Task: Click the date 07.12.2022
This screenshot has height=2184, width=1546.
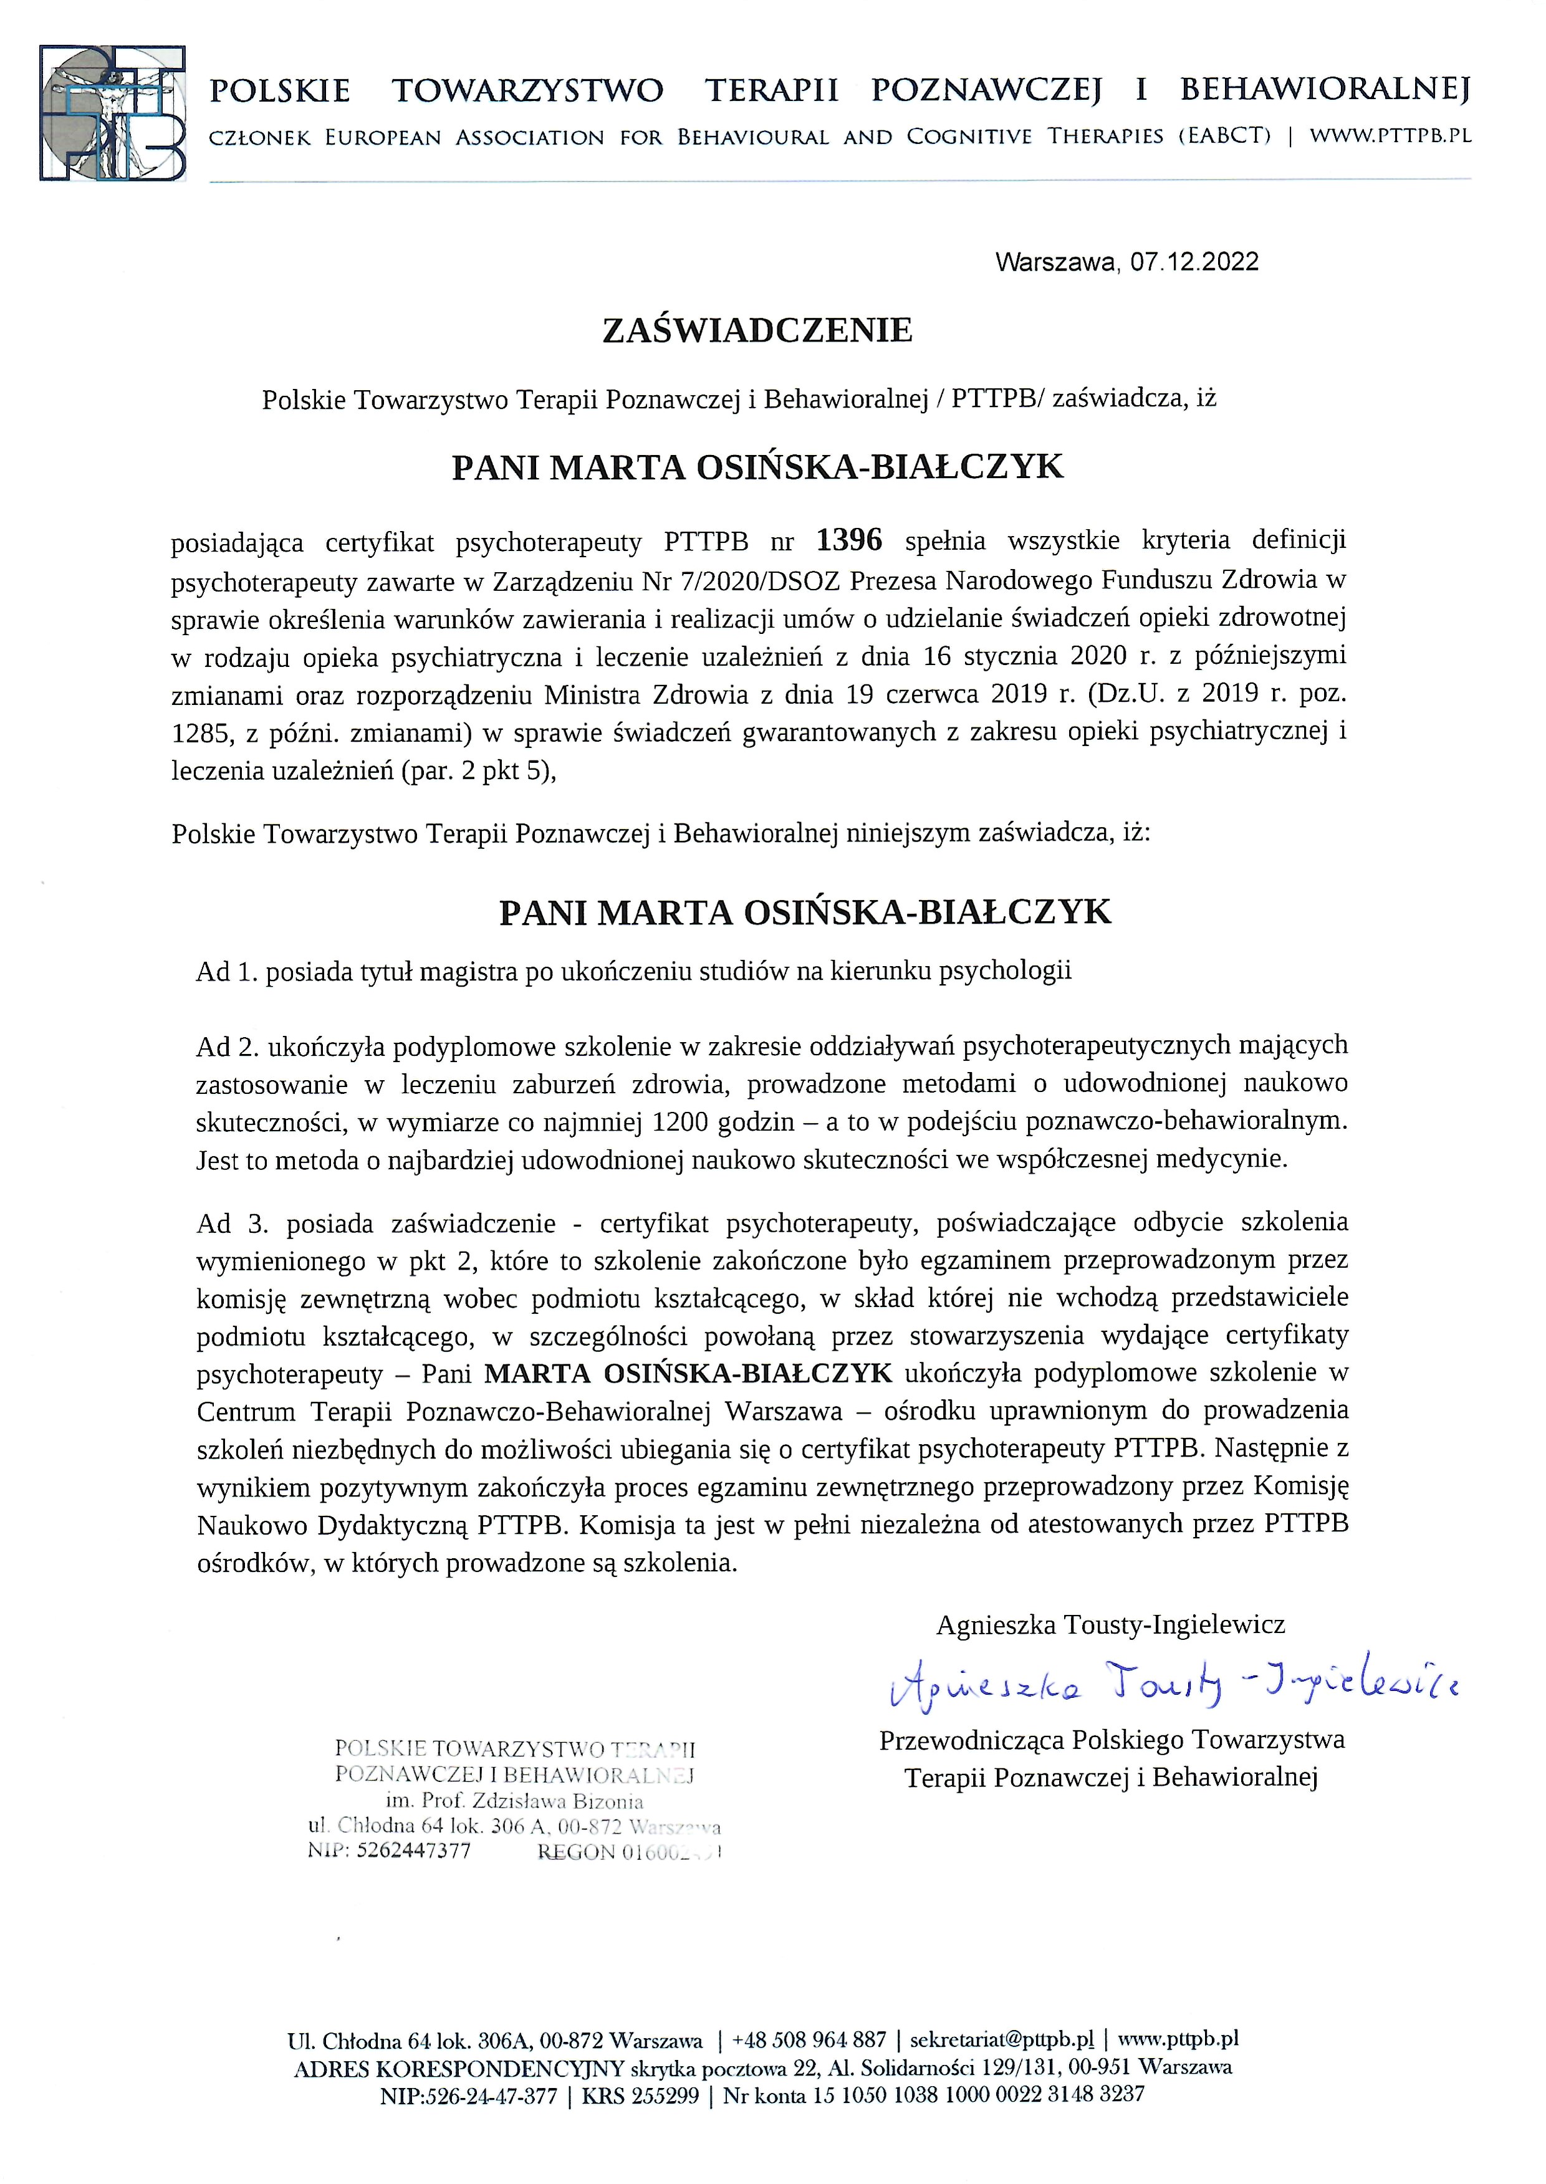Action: tap(1195, 262)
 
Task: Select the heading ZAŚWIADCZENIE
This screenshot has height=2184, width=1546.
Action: tap(758, 330)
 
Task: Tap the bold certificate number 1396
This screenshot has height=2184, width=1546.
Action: tap(849, 540)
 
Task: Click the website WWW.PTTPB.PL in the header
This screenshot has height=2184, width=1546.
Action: tap(1390, 136)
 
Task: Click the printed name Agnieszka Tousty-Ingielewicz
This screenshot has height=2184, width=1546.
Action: tap(1110, 1624)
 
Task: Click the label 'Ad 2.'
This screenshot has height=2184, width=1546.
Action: tap(228, 1046)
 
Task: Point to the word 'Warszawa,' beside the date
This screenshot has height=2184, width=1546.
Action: tap(1057, 262)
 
